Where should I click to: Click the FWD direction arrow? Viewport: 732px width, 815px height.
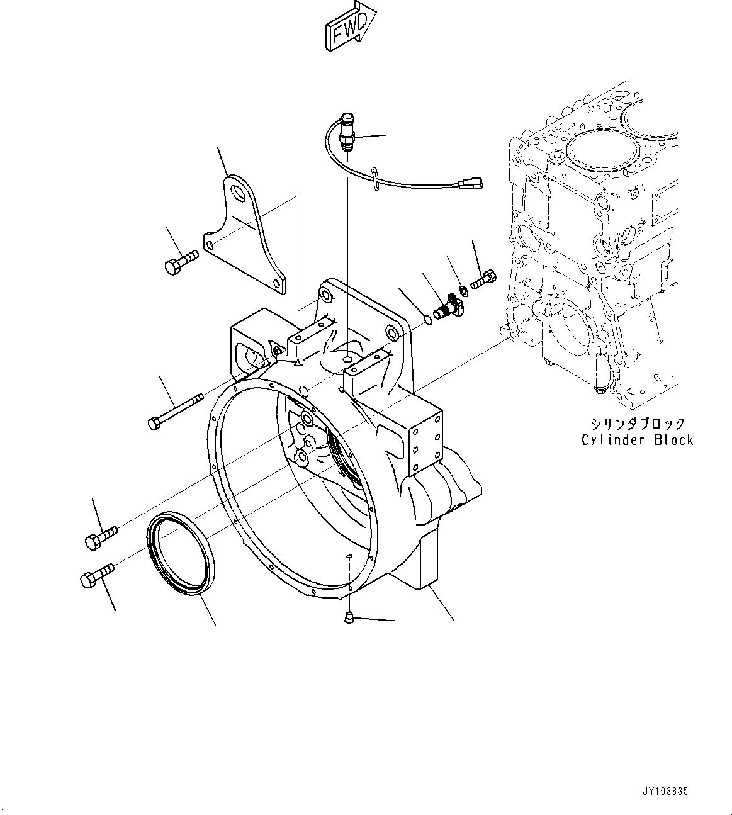point(350,26)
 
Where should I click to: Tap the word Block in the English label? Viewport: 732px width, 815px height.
point(673,440)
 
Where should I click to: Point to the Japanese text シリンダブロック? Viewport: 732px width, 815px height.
point(637,424)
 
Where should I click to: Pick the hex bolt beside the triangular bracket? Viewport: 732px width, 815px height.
point(180,262)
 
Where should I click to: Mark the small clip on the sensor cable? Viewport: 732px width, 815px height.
point(375,178)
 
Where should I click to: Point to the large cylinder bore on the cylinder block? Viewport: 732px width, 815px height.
point(598,151)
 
